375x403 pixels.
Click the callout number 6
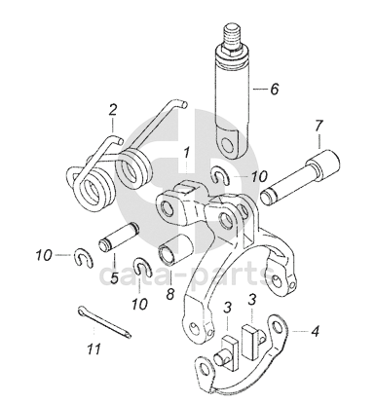pyautogui.click(x=275, y=89)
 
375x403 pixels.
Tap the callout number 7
pyautogui.click(x=319, y=127)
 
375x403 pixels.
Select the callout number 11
pyautogui.click(x=94, y=349)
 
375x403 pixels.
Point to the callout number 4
pyautogui.click(x=315, y=332)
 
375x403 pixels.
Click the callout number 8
pyautogui.click(x=170, y=294)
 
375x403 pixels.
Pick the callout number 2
pyautogui.click(x=113, y=110)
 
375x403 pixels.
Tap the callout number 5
pyautogui.click(x=114, y=277)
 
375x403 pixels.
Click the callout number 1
pyautogui.click(x=186, y=153)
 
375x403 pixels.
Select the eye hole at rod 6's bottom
pyautogui.click(x=227, y=144)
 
